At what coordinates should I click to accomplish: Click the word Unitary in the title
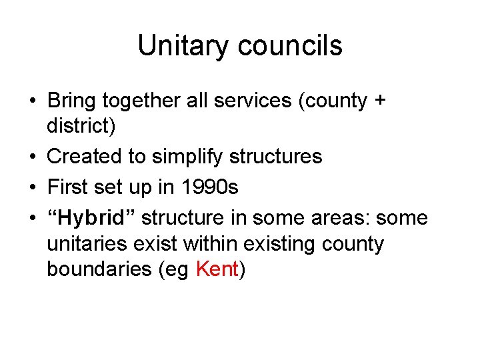175,46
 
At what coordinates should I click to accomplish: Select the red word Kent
218,269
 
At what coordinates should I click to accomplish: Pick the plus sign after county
381,101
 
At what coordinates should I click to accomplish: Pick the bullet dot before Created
33,157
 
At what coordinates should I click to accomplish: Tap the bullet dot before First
33,188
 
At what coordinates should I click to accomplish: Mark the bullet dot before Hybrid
33,219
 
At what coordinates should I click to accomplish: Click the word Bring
71,101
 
